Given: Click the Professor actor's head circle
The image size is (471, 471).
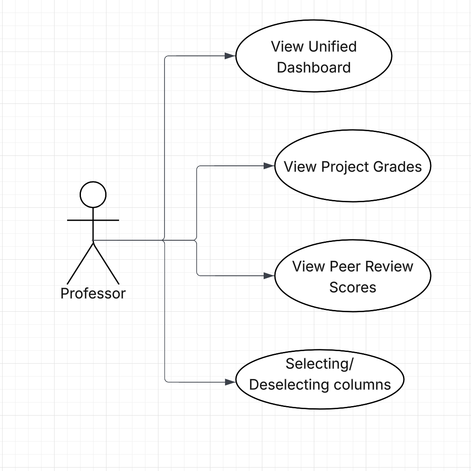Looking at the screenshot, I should [x=93, y=194].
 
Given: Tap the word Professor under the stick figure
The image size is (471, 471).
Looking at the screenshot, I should [x=93, y=294].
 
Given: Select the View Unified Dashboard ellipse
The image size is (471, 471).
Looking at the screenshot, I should [x=314, y=56].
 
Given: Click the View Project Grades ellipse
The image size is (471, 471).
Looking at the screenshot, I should [x=353, y=167].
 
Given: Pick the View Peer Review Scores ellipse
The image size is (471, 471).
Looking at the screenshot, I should [x=353, y=276].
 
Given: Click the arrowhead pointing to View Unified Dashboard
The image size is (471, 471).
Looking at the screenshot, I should [x=230, y=56].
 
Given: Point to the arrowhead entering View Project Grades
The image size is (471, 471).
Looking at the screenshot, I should [x=269, y=166].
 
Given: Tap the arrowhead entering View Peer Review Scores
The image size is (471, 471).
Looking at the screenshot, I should [x=269, y=275].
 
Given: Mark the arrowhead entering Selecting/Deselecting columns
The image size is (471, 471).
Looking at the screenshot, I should [x=230, y=382].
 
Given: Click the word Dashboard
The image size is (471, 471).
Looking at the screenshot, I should [x=314, y=68].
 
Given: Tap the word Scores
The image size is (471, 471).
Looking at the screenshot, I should [x=353, y=287].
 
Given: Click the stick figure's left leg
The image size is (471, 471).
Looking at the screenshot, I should [x=80, y=264].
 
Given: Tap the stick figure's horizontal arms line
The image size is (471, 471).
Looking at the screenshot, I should [x=93, y=220].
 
